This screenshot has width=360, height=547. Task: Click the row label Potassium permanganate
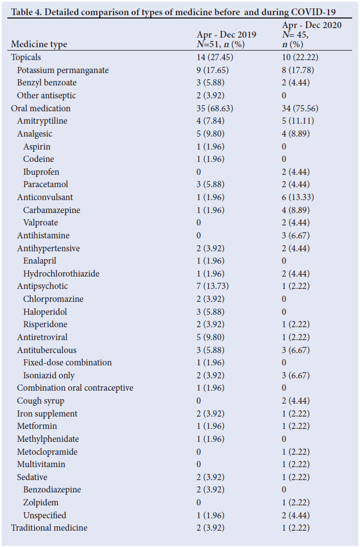coord(62,70)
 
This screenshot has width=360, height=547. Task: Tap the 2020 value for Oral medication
coord(300,109)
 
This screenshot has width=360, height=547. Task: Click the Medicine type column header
coord(39,44)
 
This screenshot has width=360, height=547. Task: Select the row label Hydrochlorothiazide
coord(61,274)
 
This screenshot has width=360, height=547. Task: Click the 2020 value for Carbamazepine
coord(296,210)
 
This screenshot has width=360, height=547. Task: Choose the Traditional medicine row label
coord(49,528)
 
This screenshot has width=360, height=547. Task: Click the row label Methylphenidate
coord(48,439)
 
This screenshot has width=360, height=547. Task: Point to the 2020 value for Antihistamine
coord(296,236)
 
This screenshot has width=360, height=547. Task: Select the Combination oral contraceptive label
coord(75,388)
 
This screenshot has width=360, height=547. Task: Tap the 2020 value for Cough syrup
coord(296,401)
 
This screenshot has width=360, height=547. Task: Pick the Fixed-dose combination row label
coord(67,363)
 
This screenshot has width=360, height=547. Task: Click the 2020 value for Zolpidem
coord(296,503)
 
